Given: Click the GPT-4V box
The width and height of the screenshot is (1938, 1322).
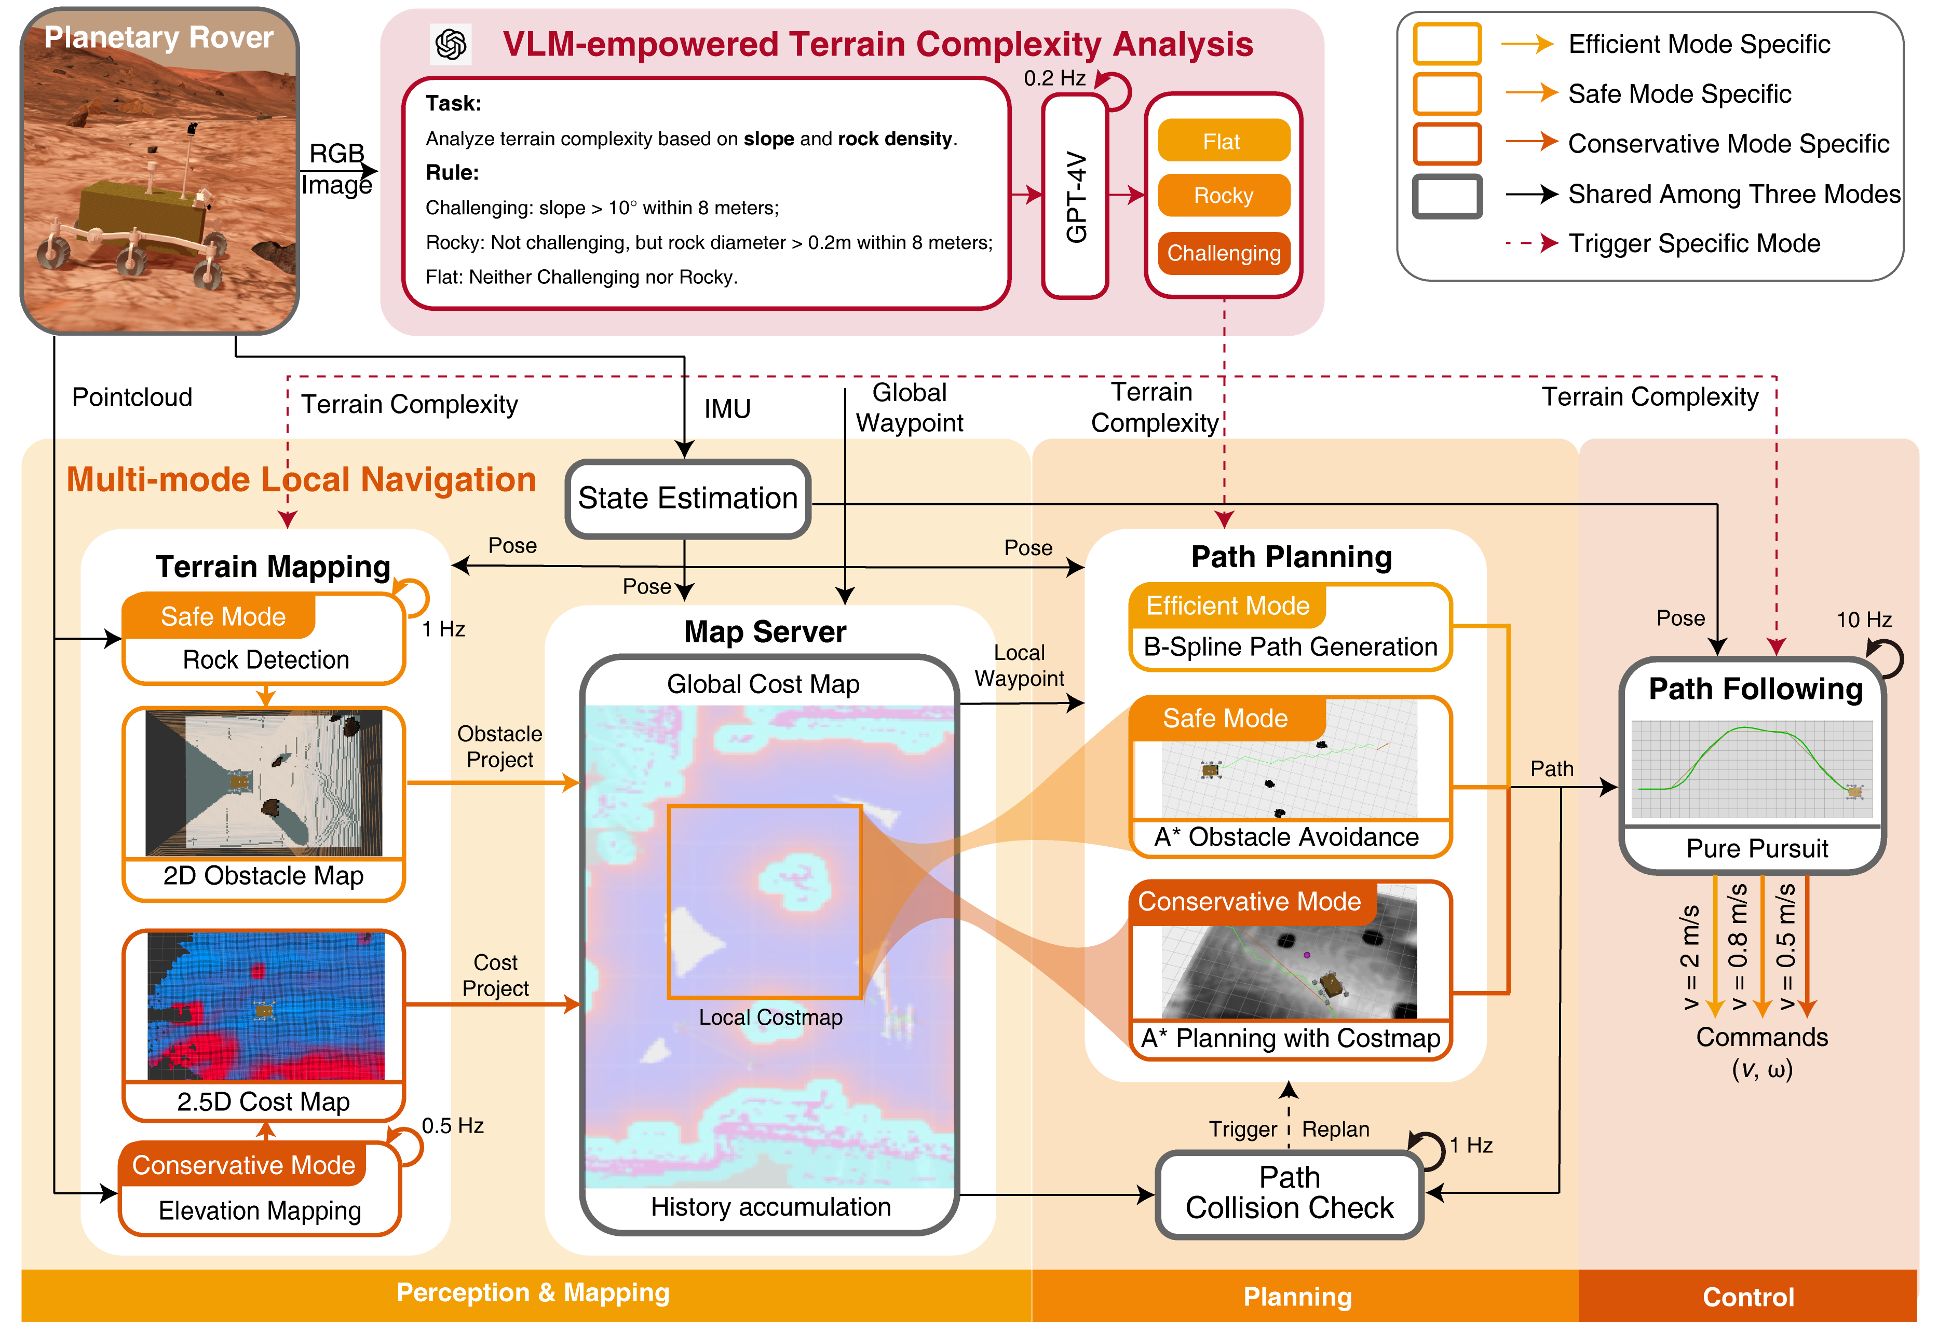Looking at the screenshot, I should (1075, 196).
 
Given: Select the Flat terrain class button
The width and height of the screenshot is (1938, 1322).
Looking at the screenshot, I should (1223, 141).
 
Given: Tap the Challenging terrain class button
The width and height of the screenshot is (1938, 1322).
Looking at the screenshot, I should (1223, 253).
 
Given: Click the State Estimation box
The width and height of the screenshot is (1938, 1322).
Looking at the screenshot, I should (687, 499).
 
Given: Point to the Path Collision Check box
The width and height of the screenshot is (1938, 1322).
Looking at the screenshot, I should (1289, 1193).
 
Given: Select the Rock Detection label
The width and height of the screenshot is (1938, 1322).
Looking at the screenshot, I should (265, 659).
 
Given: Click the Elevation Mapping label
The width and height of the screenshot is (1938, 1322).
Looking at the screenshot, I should (260, 1210).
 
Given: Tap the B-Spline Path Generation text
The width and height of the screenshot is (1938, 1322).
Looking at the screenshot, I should (1290, 647).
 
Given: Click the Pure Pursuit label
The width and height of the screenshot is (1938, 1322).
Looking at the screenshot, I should (1756, 848).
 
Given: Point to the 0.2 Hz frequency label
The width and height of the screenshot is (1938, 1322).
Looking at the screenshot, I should (1054, 78).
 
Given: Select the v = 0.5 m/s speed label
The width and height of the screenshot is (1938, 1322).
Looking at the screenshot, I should (1785, 948).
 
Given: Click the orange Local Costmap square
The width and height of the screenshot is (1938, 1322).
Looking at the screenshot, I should (764, 901).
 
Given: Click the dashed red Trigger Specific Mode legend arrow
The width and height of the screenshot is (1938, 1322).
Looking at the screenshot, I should (1531, 243).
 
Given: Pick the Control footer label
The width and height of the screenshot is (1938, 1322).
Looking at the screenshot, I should (1748, 1297).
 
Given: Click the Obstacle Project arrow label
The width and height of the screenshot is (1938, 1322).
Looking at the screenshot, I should (499, 746).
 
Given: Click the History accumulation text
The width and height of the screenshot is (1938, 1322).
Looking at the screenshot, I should (770, 1206).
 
